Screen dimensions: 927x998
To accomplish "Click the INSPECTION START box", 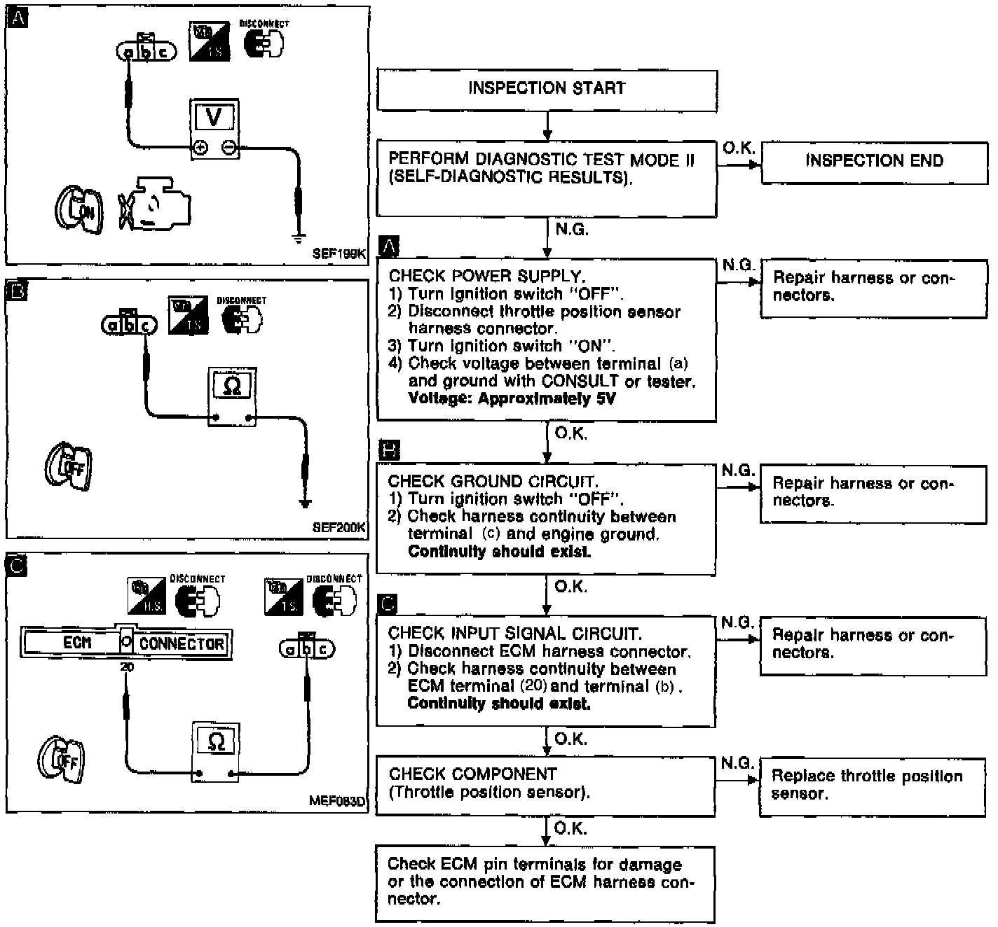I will (547, 89).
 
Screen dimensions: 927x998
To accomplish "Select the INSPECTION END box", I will (874, 162).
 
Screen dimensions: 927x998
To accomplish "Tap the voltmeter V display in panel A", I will (214, 118).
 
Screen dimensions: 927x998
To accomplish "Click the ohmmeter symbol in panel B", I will (232, 386).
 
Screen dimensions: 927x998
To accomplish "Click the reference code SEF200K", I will (340, 528).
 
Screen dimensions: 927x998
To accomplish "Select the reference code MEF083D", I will (337, 802).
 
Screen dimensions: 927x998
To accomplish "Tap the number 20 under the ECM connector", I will (126, 667).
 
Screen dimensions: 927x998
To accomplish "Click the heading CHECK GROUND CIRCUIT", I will (492, 482).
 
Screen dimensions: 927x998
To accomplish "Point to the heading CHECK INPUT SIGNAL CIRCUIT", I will (514, 634).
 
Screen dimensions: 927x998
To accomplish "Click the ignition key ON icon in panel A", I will (79, 210).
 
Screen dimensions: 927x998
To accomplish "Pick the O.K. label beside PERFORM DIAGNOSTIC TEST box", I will (738, 148).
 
